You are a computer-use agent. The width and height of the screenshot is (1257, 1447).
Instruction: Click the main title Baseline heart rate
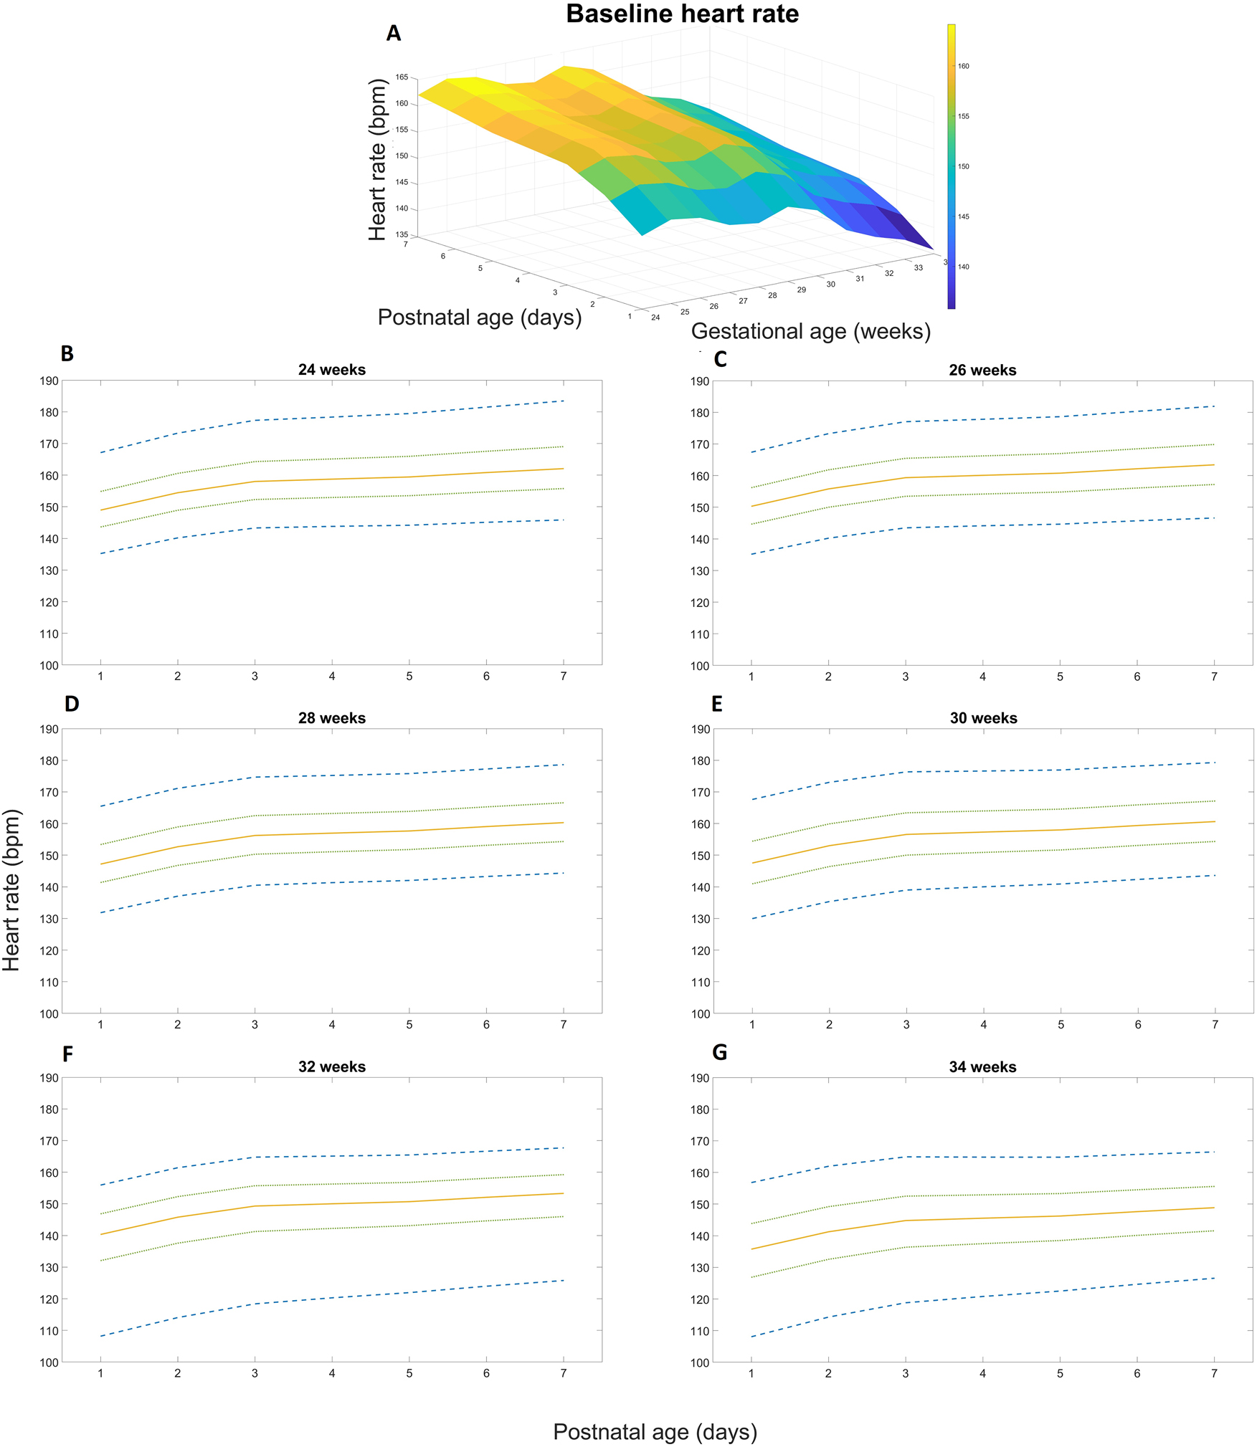coord(682,14)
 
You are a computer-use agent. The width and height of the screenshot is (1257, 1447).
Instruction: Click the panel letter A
coord(393,34)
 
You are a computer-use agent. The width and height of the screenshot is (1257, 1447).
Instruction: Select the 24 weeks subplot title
coord(332,370)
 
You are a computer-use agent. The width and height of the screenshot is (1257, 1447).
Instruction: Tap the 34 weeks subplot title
coord(982,1066)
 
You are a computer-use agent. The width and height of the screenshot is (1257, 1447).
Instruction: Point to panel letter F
coord(68,1054)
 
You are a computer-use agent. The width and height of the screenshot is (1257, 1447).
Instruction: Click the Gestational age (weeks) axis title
coord(810,331)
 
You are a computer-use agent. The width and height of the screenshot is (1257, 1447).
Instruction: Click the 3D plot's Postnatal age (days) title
coord(480,317)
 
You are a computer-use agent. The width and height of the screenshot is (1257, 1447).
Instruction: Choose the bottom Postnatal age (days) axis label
coord(655,1431)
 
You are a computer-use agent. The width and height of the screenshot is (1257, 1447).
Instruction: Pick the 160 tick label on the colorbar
coord(963,66)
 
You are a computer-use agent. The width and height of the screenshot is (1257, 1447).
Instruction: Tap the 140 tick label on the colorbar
coord(963,267)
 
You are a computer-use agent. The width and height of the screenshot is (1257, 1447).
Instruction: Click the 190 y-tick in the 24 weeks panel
coord(49,381)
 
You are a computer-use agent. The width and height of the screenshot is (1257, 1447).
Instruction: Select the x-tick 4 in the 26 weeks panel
coord(982,677)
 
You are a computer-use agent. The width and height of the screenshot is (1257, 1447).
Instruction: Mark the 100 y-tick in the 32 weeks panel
coord(49,1362)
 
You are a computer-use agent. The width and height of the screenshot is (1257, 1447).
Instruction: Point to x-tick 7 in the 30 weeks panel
coord(1215,1025)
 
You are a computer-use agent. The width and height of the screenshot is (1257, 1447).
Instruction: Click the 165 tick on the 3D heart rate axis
coord(402,77)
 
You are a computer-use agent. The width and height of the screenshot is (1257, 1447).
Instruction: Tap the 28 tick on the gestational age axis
coord(772,295)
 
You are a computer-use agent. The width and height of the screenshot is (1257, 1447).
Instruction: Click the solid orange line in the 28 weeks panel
coord(332,834)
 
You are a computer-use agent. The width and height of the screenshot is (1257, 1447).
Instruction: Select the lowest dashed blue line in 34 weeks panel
coord(982,1296)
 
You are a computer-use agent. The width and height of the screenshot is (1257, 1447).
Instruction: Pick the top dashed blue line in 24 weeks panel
coord(332,417)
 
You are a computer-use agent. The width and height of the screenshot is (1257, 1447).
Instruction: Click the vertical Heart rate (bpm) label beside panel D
coord(12,889)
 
